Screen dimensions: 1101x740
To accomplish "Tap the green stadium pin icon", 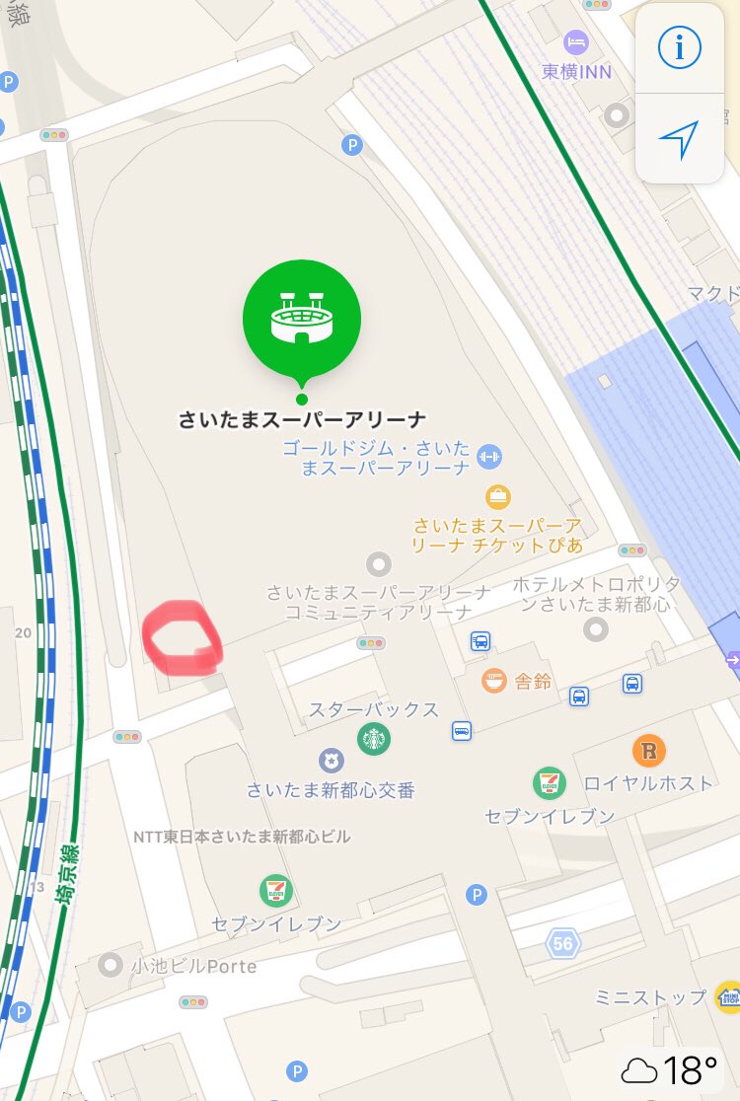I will click(x=302, y=319).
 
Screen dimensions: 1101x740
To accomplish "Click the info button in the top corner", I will click(x=679, y=47).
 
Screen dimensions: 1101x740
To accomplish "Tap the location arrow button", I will click(x=679, y=140).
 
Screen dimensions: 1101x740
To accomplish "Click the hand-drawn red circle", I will click(x=182, y=638).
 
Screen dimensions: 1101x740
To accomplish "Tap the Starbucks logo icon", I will click(x=374, y=738).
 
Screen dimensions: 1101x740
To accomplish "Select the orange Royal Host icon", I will click(x=648, y=752).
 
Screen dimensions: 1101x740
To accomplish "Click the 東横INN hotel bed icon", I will click(x=575, y=42).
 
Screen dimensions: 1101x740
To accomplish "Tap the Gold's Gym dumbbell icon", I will click(x=489, y=456).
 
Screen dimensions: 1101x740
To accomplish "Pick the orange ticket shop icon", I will click(x=498, y=495).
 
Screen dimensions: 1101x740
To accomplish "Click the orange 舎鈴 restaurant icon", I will click(x=494, y=680).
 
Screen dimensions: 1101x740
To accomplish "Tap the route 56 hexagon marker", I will click(x=563, y=944).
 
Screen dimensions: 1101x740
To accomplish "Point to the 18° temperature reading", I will click(x=690, y=1069).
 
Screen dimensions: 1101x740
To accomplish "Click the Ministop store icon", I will click(x=728, y=996).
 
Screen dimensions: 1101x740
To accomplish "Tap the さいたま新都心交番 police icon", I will click(x=331, y=761).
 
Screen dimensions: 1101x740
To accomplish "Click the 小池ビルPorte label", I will click(x=193, y=966).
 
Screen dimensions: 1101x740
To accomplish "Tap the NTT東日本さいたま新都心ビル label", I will click(x=242, y=837).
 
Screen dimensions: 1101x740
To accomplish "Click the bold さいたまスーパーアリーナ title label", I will click(x=301, y=419).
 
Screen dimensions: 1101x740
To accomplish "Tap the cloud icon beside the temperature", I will click(x=639, y=1069).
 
